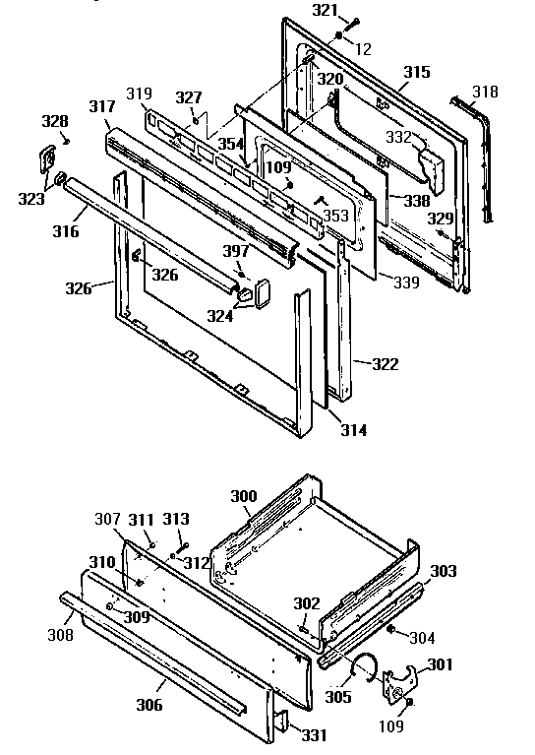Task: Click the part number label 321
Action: click(x=325, y=10)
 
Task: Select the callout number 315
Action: click(x=417, y=73)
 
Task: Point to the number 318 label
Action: click(x=485, y=92)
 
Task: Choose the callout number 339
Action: click(x=404, y=283)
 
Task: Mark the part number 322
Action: click(x=386, y=364)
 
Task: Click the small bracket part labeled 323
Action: click(x=46, y=158)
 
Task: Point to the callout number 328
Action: click(x=55, y=121)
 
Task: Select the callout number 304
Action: click(x=421, y=637)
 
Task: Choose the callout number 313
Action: click(x=176, y=519)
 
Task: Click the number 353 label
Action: click(x=335, y=216)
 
